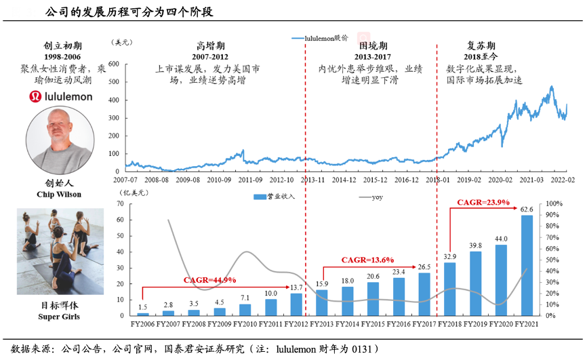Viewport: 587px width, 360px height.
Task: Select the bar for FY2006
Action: coord(143,314)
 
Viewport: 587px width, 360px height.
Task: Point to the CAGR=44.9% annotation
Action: coord(210,280)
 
